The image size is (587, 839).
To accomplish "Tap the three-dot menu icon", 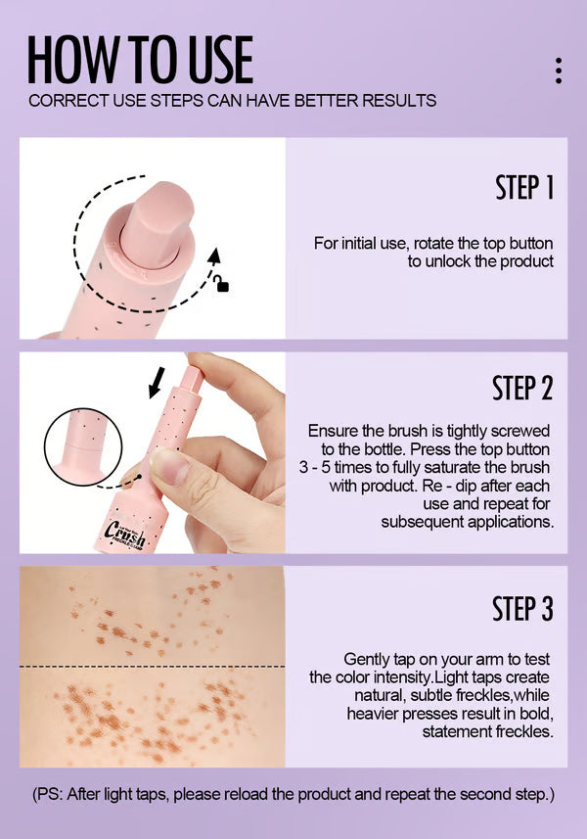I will click(x=558, y=70).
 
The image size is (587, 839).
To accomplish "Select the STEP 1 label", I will click(x=523, y=188).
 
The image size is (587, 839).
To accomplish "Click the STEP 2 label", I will click(x=522, y=388).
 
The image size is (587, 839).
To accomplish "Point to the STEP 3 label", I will click(x=522, y=608).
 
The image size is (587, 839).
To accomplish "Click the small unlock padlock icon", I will click(x=223, y=285).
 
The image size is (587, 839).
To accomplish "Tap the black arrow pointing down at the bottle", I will click(x=156, y=385).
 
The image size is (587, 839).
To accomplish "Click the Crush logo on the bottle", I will click(x=125, y=533).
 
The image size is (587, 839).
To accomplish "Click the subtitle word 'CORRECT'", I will click(x=63, y=101).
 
